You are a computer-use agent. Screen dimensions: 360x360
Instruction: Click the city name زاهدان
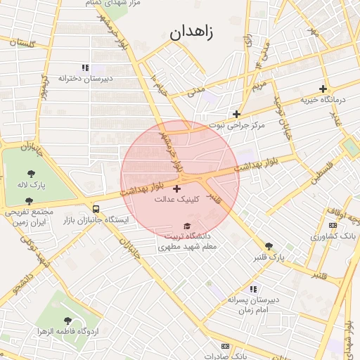(191, 32)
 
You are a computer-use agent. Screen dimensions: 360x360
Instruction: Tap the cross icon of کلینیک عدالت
(176, 188)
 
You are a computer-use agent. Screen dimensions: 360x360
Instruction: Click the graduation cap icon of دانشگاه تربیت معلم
(186, 226)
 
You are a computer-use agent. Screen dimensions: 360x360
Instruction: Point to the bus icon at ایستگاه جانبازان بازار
(96, 209)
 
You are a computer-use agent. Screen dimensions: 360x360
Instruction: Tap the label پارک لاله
(32, 185)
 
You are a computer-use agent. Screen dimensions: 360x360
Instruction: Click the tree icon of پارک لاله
(32, 173)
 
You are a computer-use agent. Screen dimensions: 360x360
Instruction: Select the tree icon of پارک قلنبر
(269, 246)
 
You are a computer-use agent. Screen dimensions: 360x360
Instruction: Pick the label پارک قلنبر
(270, 258)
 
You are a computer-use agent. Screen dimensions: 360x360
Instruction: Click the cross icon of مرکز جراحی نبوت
(237, 114)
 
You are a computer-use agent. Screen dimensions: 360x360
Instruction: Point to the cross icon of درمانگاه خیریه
(323, 89)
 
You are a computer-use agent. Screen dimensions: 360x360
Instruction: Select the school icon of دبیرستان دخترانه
(85, 68)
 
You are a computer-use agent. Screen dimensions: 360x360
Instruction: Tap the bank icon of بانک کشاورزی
(333, 224)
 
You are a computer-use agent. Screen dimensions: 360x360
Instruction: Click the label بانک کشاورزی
(334, 236)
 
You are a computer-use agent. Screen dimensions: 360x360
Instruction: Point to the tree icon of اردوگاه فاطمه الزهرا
(67, 320)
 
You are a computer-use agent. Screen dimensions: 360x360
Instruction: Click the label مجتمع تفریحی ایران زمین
(29, 216)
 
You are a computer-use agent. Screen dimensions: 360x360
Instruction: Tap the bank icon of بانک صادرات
(225, 346)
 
